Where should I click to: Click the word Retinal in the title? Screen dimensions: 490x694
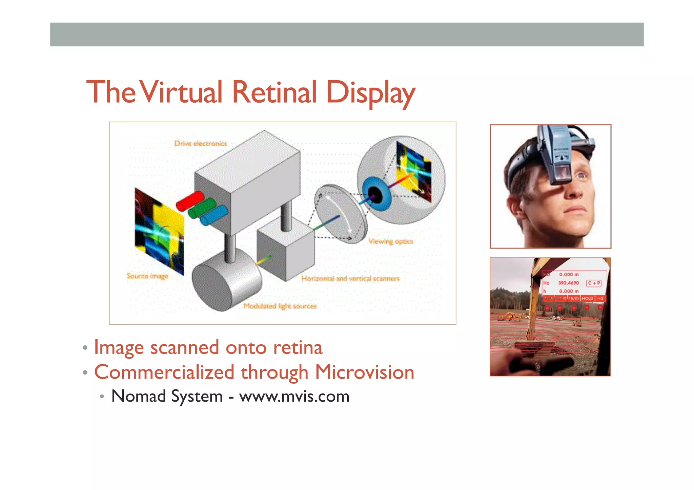click(274, 92)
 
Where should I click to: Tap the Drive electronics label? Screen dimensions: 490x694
click(201, 144)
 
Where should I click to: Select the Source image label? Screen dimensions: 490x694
click(147, 276)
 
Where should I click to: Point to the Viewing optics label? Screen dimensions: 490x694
click(391, 241)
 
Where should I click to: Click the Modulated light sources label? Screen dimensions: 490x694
click(280, 306)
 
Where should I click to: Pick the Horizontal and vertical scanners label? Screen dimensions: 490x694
click(351, 279)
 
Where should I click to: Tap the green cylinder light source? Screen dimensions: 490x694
click(202, 208)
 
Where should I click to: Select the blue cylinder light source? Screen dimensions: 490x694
click(214, 215)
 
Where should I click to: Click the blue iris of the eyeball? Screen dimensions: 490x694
click(372, 190)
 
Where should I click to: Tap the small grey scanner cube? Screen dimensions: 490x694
click(285, 249)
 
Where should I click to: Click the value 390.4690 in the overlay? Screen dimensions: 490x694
click(569, 283)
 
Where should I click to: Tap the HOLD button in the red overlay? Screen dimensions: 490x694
click(588, 298)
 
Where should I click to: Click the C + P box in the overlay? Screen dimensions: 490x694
click(594, 283)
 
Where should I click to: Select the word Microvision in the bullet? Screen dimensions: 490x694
click(365, 372)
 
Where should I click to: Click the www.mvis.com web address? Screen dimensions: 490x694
click(294, 396)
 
